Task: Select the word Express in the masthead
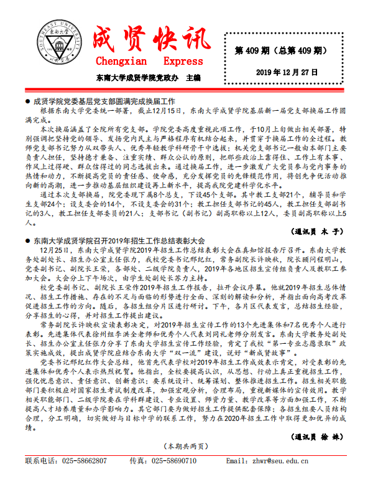point(183,61)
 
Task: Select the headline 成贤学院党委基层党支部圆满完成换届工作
point(104,100)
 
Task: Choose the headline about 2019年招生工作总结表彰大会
point(118,240)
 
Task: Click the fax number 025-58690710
point(174,461)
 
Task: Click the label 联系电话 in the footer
point(40,461)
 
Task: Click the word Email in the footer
point(236,461)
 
